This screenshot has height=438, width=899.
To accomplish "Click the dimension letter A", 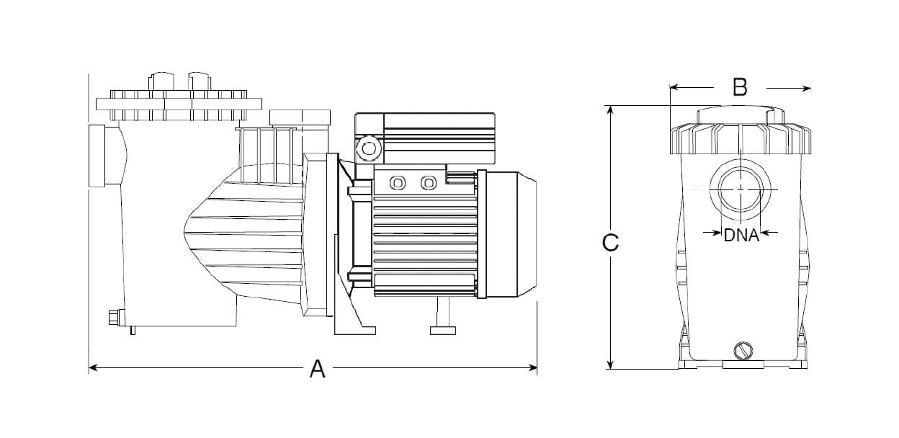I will click(x=318, y=369).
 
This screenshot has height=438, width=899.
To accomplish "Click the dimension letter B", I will click(x=740, y=87).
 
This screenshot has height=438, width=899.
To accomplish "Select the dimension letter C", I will click(x=610, y=243).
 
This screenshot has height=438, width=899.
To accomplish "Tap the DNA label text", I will click(x=741, y=235).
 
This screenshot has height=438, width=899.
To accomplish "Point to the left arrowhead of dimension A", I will click(x=92, y=368).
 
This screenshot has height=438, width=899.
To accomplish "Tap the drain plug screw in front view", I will click(x=741, y=351).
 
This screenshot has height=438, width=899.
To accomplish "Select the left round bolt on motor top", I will click(x=397, y=183).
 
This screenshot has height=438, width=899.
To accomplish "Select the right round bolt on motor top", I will click(x=429, y=183).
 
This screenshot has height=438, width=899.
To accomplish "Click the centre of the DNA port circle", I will click(x=741, y=188).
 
